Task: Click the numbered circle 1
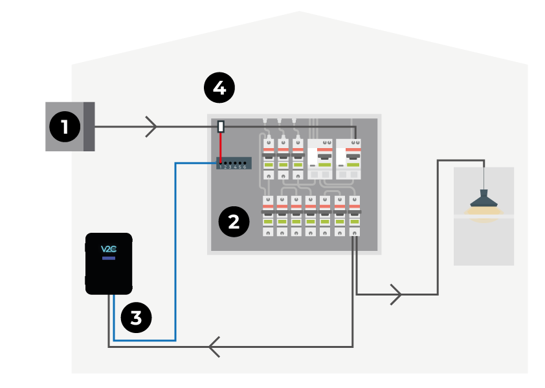[65, 127]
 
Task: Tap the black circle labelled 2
[234, 222]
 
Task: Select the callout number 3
[136, 318]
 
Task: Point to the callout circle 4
[219, 87]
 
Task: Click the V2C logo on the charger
[109, 249]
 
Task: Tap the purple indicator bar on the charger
[109, 258]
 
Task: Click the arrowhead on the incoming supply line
[151, 127]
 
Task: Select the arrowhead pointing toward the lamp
[396, 295]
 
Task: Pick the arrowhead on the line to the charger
[214, 347]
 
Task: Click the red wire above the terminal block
[221, 146]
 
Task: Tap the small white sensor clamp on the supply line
[221, 127]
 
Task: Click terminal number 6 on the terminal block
[244, 164]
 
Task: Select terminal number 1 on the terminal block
[221, 164]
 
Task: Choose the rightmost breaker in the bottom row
[355, 215]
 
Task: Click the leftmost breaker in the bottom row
[267, 215]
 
